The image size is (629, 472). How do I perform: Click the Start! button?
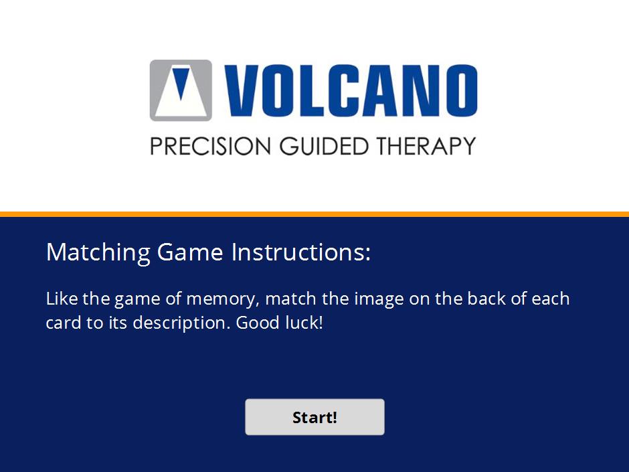[x=314, y=416]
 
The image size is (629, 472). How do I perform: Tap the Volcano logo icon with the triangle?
[x=181, y=90]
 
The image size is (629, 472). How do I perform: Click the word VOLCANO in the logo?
[x=351, y=90]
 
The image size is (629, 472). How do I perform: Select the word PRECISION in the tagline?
[x=211, y=146]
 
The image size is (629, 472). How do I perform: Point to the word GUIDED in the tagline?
[x=324, y=146]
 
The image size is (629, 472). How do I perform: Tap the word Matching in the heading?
[x=98, y=253]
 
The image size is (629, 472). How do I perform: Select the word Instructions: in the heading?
[x=301, y=252]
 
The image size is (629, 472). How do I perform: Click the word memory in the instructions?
[x=223, y=299]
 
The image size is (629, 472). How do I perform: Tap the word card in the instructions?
[x=64, y=323]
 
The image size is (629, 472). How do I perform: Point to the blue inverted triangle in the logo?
[x=181, y=82]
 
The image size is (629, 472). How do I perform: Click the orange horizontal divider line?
[x=314, y=214]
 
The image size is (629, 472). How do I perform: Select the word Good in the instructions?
[x=257, y=323]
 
